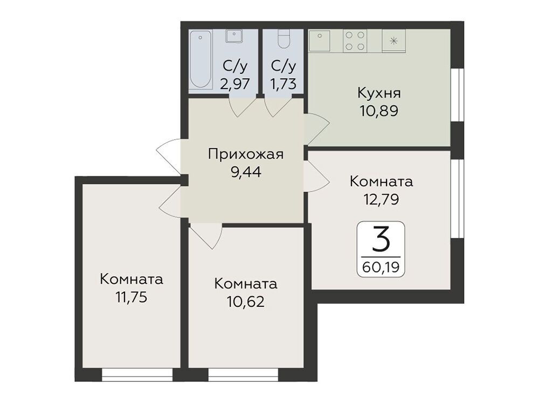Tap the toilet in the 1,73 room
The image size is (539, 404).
pos(284,39)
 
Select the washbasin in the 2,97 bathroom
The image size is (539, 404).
pos(234,36)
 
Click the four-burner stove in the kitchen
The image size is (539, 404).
pos(355,40)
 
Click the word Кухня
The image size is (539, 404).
pos(379,93)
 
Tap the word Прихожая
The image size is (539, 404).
pos(246,154)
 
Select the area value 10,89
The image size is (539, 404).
pos(379,111)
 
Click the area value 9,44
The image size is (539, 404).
pos(246,172)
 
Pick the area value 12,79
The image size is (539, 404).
pos(381,199)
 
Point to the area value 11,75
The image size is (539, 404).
pos(132,297)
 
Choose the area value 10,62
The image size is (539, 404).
pos(246,302)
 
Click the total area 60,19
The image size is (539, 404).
pos(381,267)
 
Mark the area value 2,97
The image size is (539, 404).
pos(235,84)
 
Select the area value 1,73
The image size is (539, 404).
pos(284,84)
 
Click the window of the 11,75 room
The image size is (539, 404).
pos(137,375)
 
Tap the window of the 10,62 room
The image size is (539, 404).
pos(244,375)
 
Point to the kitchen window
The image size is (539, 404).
pos(457,95)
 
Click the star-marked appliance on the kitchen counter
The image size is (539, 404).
pos(394,40)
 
